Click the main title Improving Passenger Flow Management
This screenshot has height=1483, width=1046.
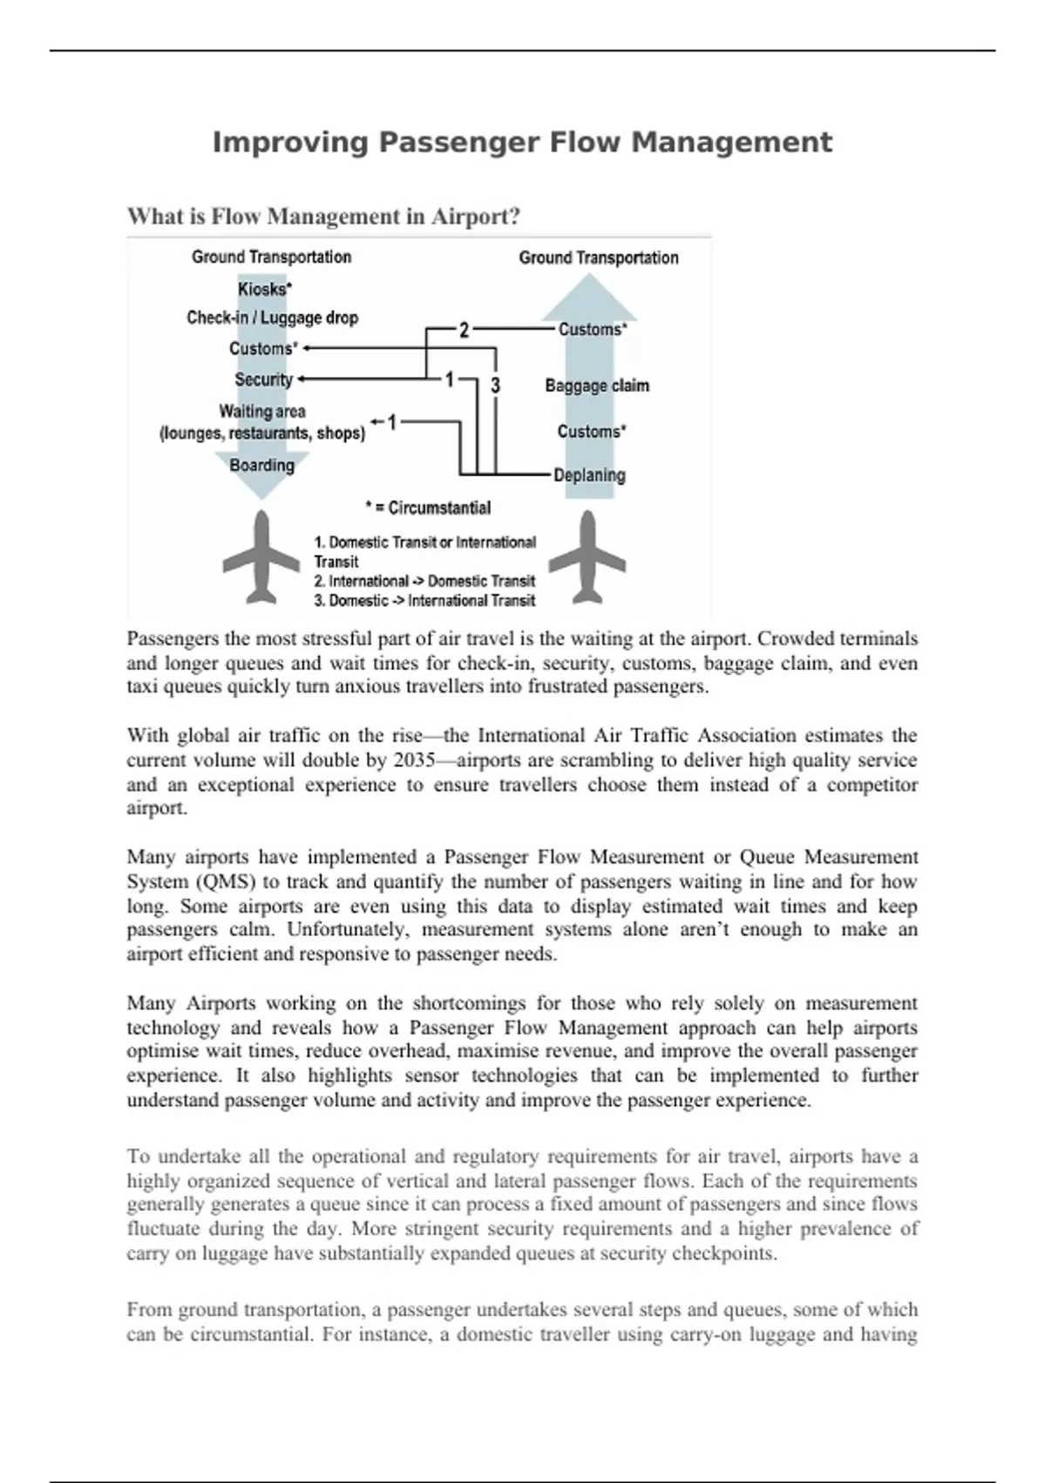click(x=522, y=142)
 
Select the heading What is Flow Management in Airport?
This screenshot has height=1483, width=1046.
click(x=323, y=215)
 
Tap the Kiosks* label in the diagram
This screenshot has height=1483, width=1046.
click(x=264, y=289)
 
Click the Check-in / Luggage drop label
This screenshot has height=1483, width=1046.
click(x=272, y=318)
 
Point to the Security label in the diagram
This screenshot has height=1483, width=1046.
click(x=263, y=379)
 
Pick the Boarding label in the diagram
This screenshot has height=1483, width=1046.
click(x=261, y=465)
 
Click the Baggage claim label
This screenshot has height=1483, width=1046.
click(x=597, y=386)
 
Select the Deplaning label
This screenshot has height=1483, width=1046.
click(x=590, y=475)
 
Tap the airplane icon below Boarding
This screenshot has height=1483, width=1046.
click(x=261, y=558)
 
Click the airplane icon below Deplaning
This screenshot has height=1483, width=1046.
click(x=588, y=558)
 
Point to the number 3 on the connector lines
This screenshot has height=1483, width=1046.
click(x=495, y=385)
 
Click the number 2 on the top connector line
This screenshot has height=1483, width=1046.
click(x=464, y=330)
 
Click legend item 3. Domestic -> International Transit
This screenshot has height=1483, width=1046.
click(x=425, y=600)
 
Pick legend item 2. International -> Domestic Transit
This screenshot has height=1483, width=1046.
click(x=425, y=581)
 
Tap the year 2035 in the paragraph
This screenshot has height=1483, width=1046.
click(x=415, y=760)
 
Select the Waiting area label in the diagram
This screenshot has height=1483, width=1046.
click(x=261, y=411)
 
